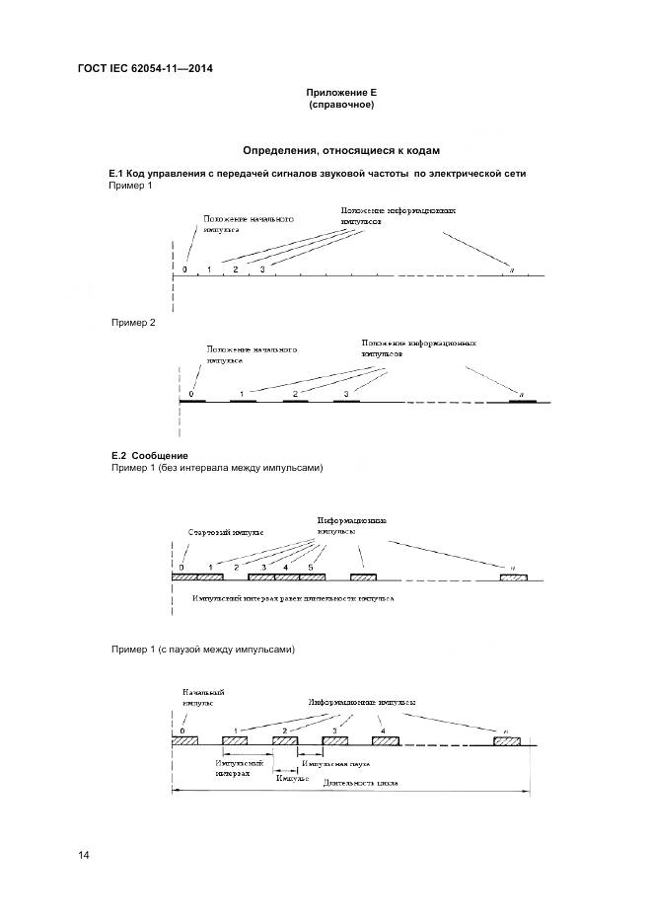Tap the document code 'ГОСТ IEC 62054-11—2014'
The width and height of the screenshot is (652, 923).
[145, 68]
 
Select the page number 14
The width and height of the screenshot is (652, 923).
[84, 855]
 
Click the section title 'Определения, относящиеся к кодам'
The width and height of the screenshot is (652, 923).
[340, 150]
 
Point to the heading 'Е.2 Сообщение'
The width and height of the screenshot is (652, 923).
[149, 455]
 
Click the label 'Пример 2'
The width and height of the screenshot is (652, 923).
[133, 323]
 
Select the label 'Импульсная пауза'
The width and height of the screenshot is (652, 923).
[336, 764]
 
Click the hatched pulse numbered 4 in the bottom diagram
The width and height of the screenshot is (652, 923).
[385, 740]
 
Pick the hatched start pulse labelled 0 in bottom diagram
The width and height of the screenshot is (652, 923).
[185, 740]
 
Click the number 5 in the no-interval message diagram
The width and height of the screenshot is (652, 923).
[310, 568]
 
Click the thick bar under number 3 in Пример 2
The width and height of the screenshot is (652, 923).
[346, 402]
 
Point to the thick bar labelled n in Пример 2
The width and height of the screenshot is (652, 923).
[522, 402]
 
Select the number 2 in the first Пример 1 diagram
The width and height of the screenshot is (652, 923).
[235, 269]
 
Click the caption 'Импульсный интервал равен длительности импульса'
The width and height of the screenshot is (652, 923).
[294, 599]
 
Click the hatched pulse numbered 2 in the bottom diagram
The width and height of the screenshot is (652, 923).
[285, 740]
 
